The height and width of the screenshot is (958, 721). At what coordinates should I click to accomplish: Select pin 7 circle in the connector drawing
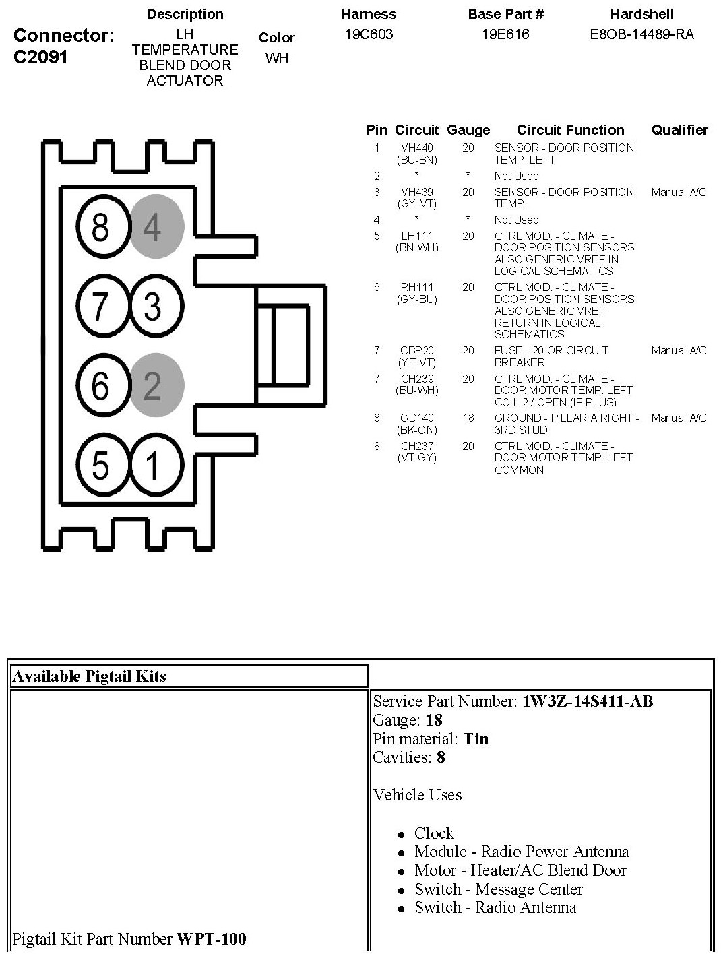pos(100,306)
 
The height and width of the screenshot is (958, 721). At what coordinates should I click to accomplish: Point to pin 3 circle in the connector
pos(154,306)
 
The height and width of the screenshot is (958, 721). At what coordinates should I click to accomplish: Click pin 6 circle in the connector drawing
pos(100,385)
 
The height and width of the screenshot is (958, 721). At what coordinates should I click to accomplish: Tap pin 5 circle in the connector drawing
pos(100,465)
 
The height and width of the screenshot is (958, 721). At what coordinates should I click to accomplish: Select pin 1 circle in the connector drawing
pos(154,465)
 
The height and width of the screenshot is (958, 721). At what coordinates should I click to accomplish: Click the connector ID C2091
pos(40,57)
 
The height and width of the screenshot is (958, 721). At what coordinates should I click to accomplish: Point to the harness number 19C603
pos(369,34)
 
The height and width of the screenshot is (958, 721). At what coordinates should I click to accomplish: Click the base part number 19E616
pos(505,34)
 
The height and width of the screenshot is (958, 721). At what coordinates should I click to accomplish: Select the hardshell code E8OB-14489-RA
pos(641,34)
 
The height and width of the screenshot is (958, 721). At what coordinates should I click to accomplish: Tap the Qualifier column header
pos(679,130)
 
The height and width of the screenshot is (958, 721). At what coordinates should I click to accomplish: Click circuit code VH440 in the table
pos(417,148)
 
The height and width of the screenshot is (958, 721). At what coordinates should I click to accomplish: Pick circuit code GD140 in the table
pos(417,418)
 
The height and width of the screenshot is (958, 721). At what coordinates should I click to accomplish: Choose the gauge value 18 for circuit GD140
pos(468,418)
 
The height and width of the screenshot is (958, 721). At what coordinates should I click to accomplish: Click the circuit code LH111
pos(417,236)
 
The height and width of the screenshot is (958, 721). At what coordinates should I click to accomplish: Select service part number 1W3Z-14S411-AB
pos(587,701)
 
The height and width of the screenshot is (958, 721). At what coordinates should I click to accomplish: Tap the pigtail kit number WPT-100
pos(211,938)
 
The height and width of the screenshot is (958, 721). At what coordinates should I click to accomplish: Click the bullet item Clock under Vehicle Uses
pos(434,833)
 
